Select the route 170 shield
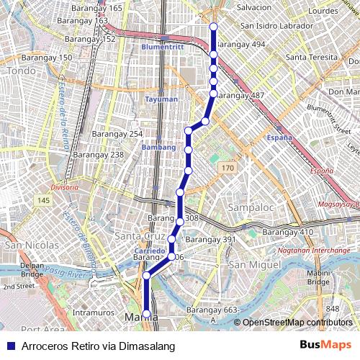(x=228, y=168)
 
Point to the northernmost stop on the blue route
(x=213, y=27)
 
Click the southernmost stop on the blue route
(x=147, y=314)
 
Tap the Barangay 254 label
(x=117, y=135)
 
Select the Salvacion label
(x=254, y=7)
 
